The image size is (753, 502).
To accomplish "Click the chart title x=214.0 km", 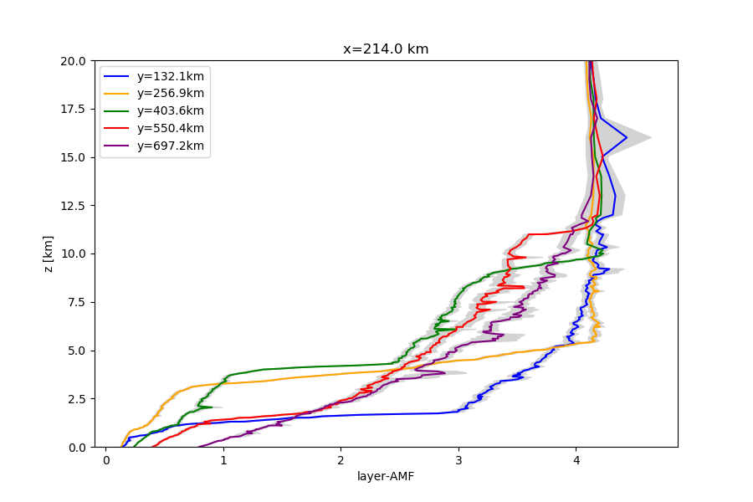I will pos(386,49).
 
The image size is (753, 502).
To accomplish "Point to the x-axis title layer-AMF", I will pos(386,477).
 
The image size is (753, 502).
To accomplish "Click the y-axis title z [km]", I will pos(49,254).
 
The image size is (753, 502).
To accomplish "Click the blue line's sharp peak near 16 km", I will pos(627,137).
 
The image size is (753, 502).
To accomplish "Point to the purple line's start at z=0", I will pos(199,446).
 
